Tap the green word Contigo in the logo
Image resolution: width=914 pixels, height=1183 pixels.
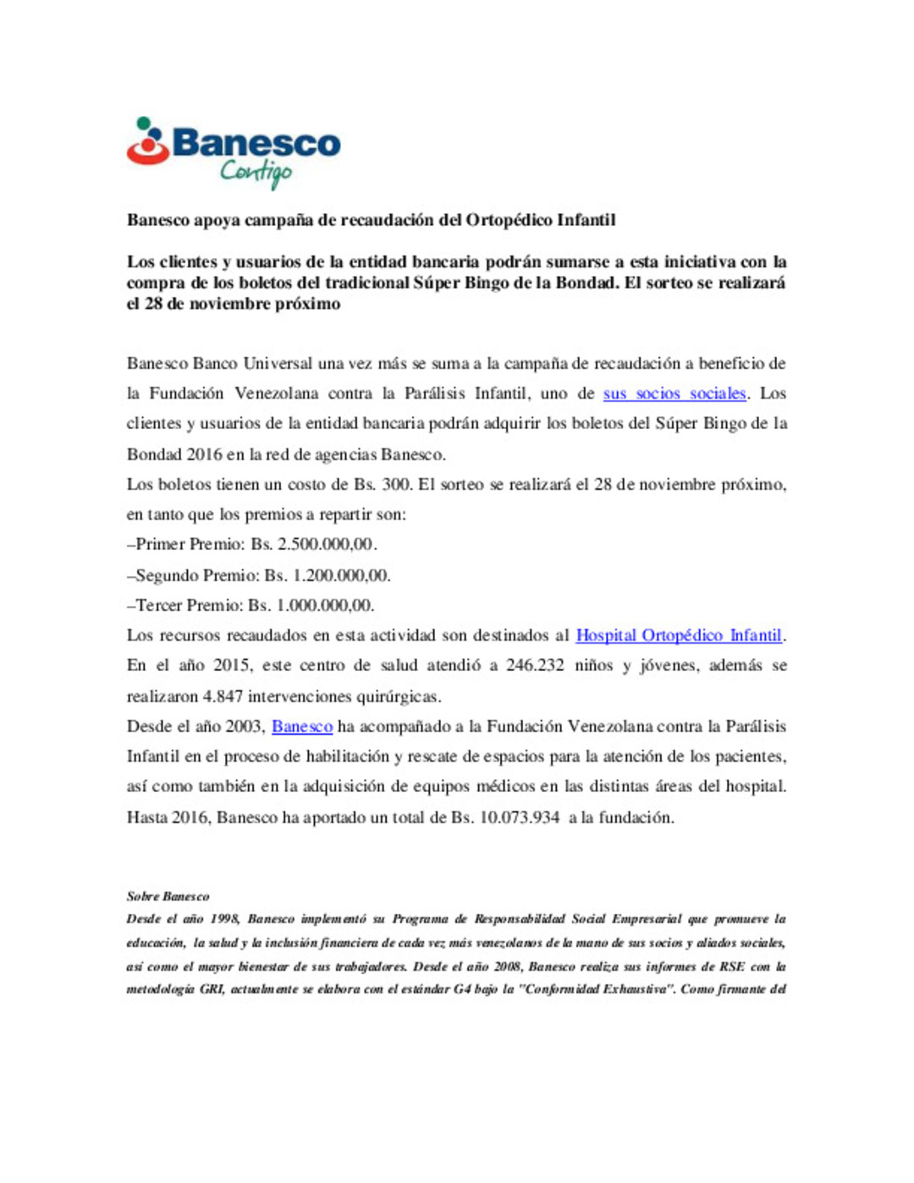click(256, 173)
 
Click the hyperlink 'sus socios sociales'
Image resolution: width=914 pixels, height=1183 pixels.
click(674, 393)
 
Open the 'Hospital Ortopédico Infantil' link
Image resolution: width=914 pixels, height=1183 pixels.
click(679, 636)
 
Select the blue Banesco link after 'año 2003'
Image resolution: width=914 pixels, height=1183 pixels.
click(302, 726)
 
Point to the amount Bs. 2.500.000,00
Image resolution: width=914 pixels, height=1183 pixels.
click(314, 544)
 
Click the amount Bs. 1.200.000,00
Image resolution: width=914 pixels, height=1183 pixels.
click(328, 575)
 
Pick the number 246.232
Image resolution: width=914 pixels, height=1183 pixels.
click(535, 665)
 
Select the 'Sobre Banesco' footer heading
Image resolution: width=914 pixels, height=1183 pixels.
click(168, 896)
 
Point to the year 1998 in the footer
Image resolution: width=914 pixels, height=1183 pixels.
click(223, 919)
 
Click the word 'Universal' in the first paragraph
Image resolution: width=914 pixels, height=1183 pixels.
click(278, 364)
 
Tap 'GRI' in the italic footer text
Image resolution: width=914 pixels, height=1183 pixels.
click(211, 989)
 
